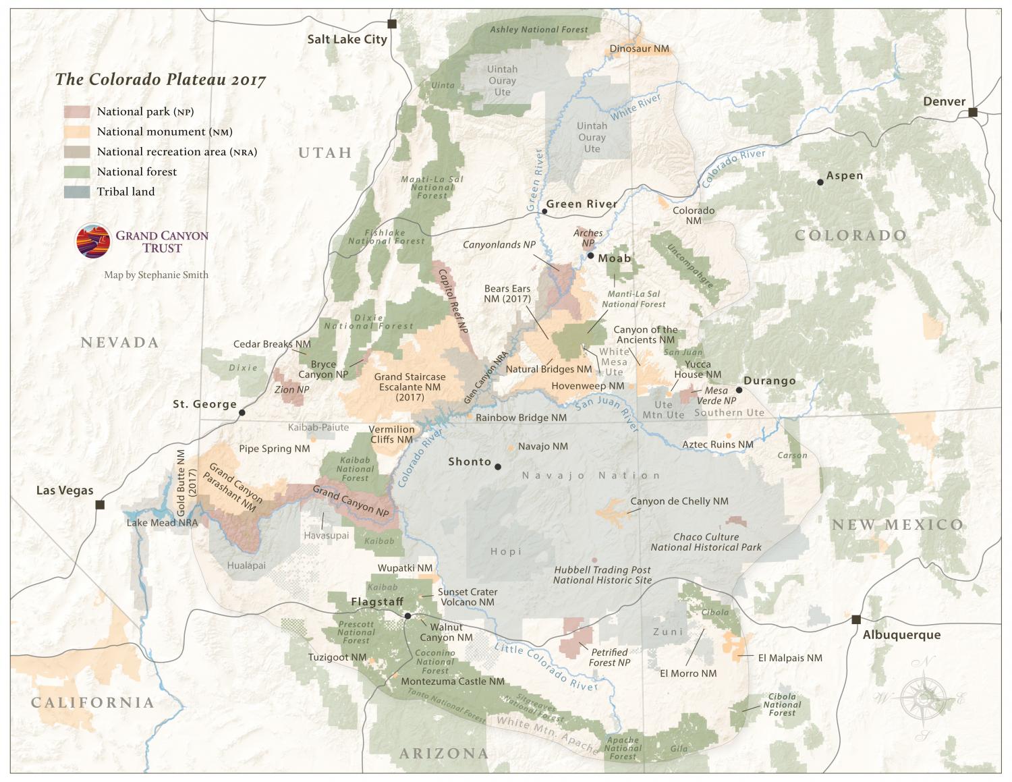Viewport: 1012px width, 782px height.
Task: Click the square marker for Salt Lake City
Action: pos(392,24)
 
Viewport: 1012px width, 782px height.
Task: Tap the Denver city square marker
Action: pos(973,112)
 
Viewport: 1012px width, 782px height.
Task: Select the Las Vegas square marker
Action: pos(100,505)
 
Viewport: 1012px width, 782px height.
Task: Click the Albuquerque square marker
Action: pos(856,619)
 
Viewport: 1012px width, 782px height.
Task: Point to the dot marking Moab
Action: pos(590,256)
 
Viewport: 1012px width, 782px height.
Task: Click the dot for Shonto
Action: pos(498,466)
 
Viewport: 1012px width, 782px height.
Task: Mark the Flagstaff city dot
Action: pos(407,615)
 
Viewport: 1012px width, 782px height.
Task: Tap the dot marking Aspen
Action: pos(820,182)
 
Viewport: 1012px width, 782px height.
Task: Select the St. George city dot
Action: pos(242,412)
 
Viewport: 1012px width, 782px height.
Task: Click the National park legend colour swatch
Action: pos(77,112)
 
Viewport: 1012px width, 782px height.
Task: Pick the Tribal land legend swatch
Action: pos(77,192)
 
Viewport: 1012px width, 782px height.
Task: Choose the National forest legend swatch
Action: pos(77,172)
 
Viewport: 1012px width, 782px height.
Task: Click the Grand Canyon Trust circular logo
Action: pos(93,241)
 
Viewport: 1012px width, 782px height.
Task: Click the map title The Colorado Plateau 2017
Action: pos(161,80)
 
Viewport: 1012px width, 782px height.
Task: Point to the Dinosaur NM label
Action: pos(640,49)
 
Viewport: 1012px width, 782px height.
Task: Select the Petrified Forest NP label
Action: pos(609,657)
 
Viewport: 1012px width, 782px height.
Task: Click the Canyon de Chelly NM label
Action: pos(679,501)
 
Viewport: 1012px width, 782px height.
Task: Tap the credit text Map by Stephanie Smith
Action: pos(156,275)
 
